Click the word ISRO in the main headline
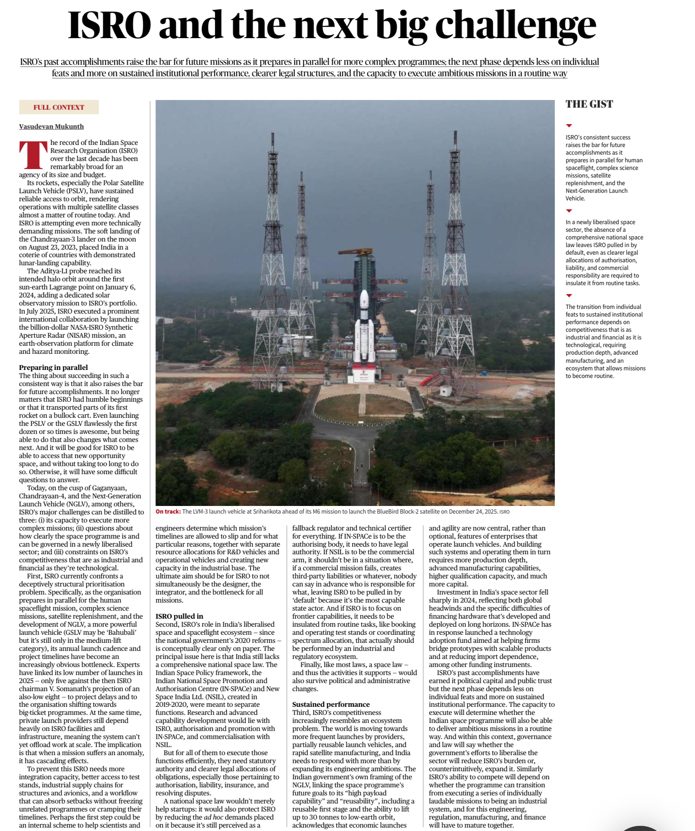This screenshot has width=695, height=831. pyautogui.click(x=109, y=25)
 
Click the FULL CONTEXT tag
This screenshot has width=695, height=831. pyautogui.click(x=59, y=107)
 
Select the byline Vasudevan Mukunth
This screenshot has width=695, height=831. pyautogui.click(x=51, y=126)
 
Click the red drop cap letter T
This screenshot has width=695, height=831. pyautogui.click(x=33, y=155)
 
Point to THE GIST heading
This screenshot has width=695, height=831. pyautogui.click(x=589, y=104)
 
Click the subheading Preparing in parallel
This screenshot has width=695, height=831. pyautogui.click(x=53, y=367)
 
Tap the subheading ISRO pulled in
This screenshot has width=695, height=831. pyautogui.click(x=179, y=616)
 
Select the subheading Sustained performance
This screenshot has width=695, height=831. pyautogui.click(x=331, y=704)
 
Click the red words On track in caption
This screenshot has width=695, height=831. pyautogui.click(x=168, y=511)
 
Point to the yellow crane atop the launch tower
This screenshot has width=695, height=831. pyautogui.click(x=355, y=252)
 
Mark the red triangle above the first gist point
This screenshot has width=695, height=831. pyautogui.click(x=569, y=126)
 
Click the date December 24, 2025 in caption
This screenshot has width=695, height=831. pyautogui.click(x=473, y=511)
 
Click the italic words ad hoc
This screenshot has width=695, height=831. pyautogui.click(x=213, y=817)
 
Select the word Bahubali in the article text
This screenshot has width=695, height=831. pyautogui.click(x=121, y=632)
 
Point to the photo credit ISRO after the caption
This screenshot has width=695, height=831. pyautogui.click(x=504, y=512)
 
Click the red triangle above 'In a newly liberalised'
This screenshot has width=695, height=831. pyautogui.click(x=569, y=211)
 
